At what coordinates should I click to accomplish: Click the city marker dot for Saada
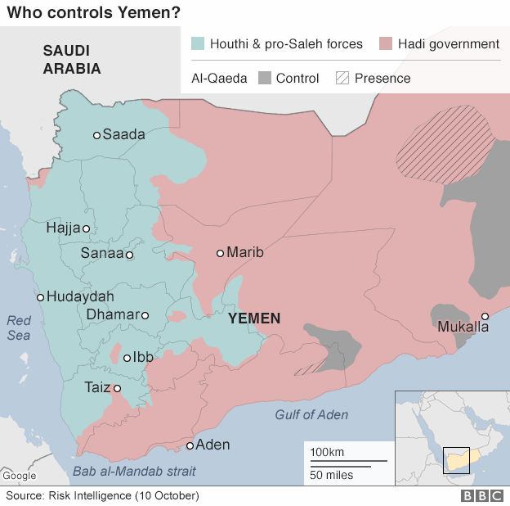(96, 135)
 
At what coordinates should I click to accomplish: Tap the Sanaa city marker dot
(129, 255)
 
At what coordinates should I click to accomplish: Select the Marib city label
(245, 253)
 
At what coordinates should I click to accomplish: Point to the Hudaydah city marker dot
(40, 297)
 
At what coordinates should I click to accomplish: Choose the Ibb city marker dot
(127, 357)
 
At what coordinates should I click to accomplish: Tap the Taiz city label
(96, 388)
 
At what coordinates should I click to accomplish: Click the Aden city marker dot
(190, 445)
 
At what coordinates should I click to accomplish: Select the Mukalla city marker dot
(485, 316)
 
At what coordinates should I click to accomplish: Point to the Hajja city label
(64, 229)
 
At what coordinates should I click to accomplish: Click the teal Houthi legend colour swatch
(196, 43)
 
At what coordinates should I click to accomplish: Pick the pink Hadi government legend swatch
(384, 43)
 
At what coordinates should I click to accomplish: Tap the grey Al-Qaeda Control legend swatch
(264, 79)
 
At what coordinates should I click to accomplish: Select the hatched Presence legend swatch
(342, 79)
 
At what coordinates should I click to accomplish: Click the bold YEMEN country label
(254, 319)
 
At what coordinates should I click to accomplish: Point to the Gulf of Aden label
(311, 414)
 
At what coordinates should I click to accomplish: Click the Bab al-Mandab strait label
(134, 471)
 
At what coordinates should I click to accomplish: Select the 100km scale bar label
(326, 452)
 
